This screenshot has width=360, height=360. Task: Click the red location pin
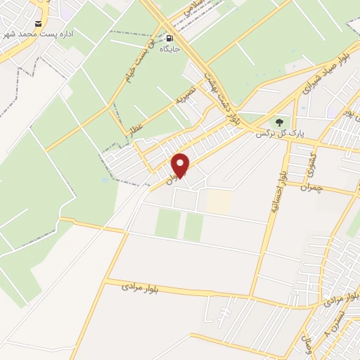[x=181, y=165]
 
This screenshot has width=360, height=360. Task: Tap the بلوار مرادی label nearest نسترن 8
[x=345, y=299]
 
